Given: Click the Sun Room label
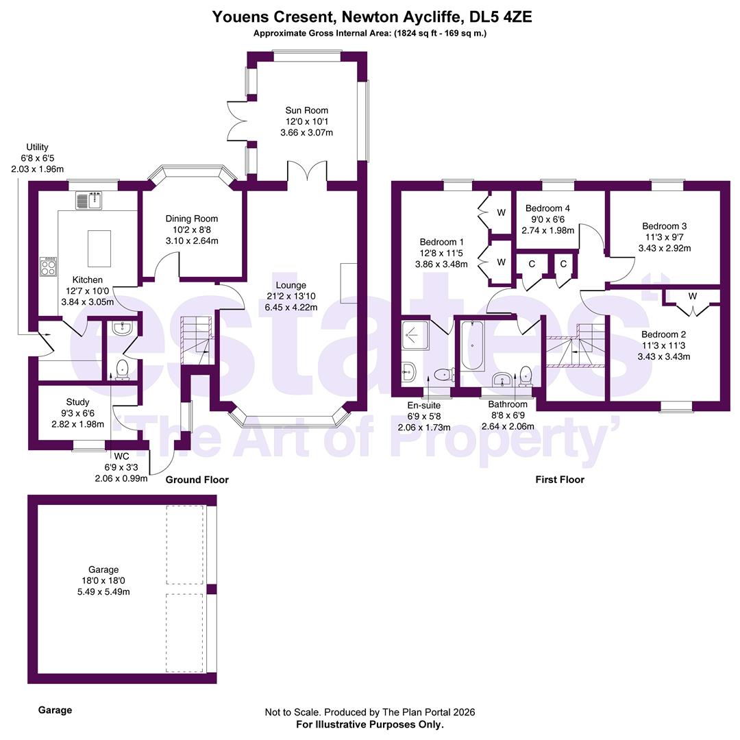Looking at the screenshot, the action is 306,110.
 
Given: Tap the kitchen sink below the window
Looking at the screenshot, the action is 88,200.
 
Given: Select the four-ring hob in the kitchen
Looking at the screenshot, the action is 48,267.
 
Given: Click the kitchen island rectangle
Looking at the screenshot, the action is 99,248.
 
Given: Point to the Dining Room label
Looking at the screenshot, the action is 192,219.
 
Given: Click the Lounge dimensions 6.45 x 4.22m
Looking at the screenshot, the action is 291,307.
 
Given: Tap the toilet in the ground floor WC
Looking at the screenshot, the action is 122,369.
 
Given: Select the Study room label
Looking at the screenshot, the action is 77,402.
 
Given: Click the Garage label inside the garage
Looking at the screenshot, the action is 103,569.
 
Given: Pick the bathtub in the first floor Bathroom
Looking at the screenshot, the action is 472,345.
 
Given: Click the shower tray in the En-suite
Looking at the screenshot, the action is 415,336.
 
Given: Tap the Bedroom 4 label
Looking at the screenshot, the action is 547,208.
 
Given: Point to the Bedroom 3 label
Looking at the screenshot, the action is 665,226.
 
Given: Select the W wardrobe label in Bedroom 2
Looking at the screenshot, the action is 692,297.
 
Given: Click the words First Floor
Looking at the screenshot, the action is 560,480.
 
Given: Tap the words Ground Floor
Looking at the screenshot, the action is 197,480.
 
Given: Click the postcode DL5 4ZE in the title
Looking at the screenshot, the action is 500,17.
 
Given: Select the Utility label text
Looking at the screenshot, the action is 37,147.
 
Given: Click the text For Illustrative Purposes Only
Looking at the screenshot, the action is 370,724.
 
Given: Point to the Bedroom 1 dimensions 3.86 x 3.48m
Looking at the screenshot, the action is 441,264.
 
